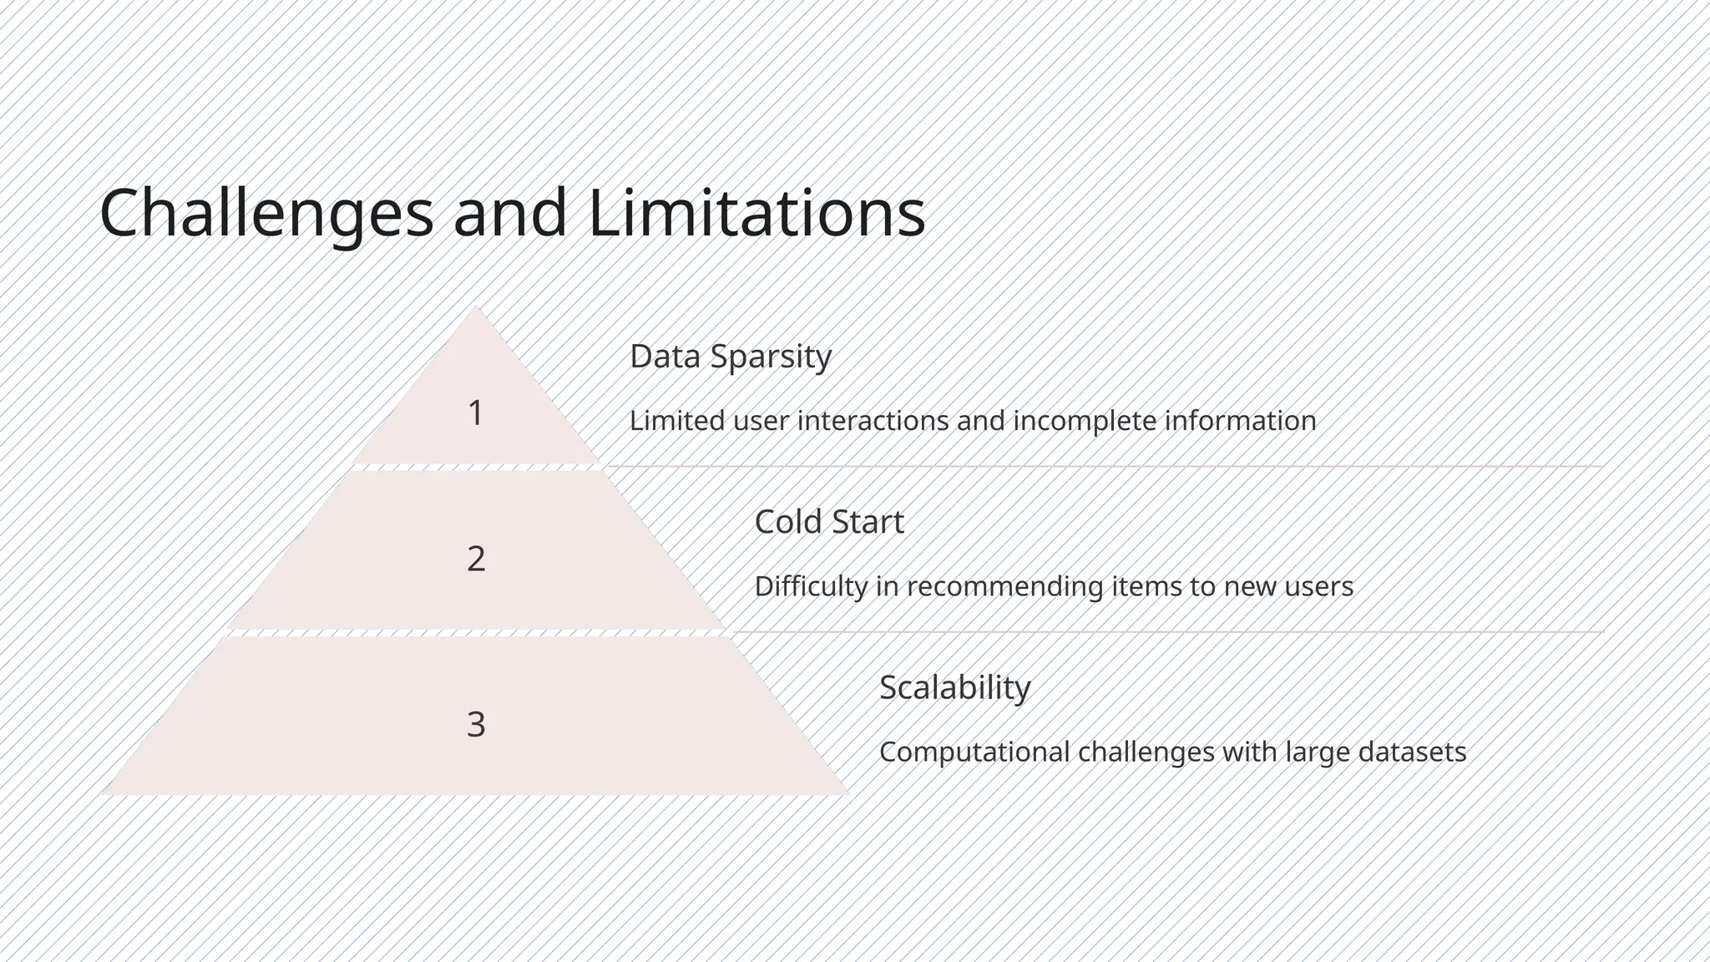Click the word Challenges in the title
pos(266,213)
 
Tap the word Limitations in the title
pos(756,213)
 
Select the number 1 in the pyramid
pos(475,413)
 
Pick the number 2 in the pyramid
pos(476,558)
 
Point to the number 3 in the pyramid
pos(476,723)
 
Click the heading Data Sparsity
pos(730,357)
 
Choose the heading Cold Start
pos(828,522)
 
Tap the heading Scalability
pos(954,688)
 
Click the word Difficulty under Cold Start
pos(811,586)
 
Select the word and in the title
pos(509,213)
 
